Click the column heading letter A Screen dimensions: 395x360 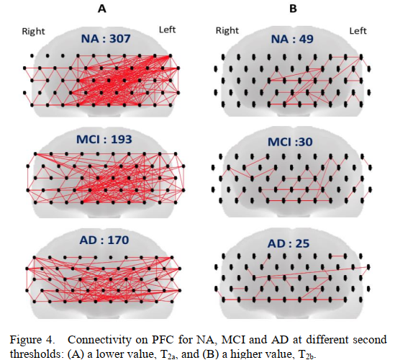pos(101,9)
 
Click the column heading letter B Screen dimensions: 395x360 pos(293,9)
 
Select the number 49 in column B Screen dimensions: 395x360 pos(306,39)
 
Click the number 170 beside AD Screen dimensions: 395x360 pos(119,240)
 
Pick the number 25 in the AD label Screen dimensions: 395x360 pos(302,243)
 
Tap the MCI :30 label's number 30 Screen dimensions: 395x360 pos(305,142)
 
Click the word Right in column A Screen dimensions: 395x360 pos(33,32)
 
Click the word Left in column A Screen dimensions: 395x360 pos(167,30)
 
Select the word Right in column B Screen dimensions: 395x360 pos(227,30)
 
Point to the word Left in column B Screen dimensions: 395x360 pos(358,31)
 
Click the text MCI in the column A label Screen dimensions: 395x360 pos(88,139)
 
